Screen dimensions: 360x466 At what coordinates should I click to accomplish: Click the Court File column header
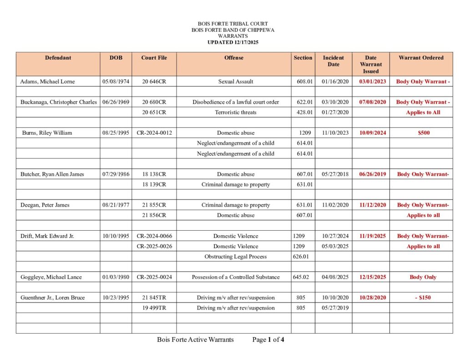pyautogui.click(x=154, y=58)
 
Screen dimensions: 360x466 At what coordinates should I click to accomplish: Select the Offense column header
pyautogui.click(x=234, y=58)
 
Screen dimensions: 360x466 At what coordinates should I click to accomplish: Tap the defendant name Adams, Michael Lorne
pyautogui.click(x=48, y=81)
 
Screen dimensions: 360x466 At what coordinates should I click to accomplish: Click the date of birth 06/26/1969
pyautogui.click(x=116, y=102)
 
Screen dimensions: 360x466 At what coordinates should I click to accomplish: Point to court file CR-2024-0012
pyautogui.click(x=154, y=133)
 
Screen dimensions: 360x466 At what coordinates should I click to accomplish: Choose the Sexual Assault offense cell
pyautogui.click(x=236, y=81)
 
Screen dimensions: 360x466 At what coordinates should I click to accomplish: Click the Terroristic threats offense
pyautogui.click(x=236, y=112)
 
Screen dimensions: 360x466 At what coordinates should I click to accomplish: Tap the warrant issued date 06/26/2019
pyautogui.click(x=371, y=174)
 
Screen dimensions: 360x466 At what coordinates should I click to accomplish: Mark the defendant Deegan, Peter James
pyautogui.click(x=45, y=205)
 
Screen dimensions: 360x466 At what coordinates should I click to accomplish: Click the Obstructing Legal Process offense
pyautogui.click(x=236, y=257)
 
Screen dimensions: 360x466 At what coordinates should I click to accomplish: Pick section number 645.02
pyautogui.click(x=303, y=277)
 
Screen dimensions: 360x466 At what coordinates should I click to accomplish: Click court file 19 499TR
pyautogui.click(x=154, y=308)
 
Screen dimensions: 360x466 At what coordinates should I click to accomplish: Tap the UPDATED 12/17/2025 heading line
pyautogui.click(x=233, y=42)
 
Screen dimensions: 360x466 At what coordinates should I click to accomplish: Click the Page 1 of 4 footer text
pyautogui.click(x=268, y=340)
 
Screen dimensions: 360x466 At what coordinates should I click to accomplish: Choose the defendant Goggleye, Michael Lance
pyautogui.click(x=51, y=277)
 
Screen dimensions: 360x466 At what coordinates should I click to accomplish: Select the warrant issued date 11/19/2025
pyautogui.click(x=371, y=236)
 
